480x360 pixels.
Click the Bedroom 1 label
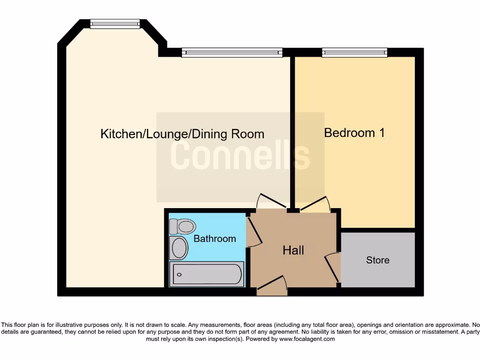354,133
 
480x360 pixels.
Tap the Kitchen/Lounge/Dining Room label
182,134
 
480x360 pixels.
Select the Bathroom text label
215,239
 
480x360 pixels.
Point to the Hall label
293,250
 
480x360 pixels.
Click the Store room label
378,260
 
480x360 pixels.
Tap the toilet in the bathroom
182,226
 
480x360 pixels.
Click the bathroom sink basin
179,248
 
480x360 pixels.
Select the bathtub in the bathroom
207,274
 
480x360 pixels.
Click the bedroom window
354,52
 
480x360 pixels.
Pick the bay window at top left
115,23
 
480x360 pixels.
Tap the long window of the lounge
232,52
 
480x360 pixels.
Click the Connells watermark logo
240,156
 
